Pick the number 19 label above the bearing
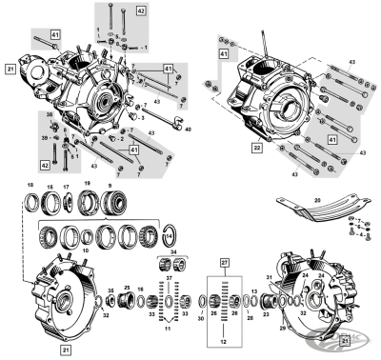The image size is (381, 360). click(87, 183)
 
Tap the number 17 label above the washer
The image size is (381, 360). click(66, 183)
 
